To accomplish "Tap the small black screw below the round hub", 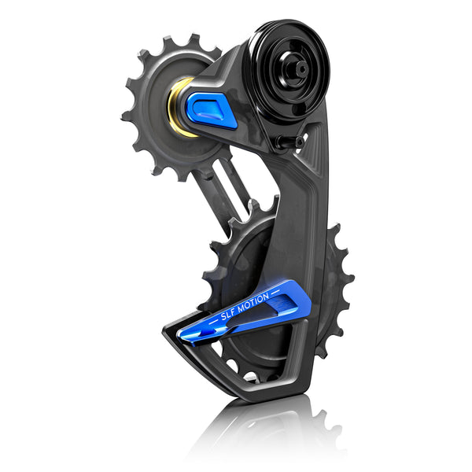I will point(302,142).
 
